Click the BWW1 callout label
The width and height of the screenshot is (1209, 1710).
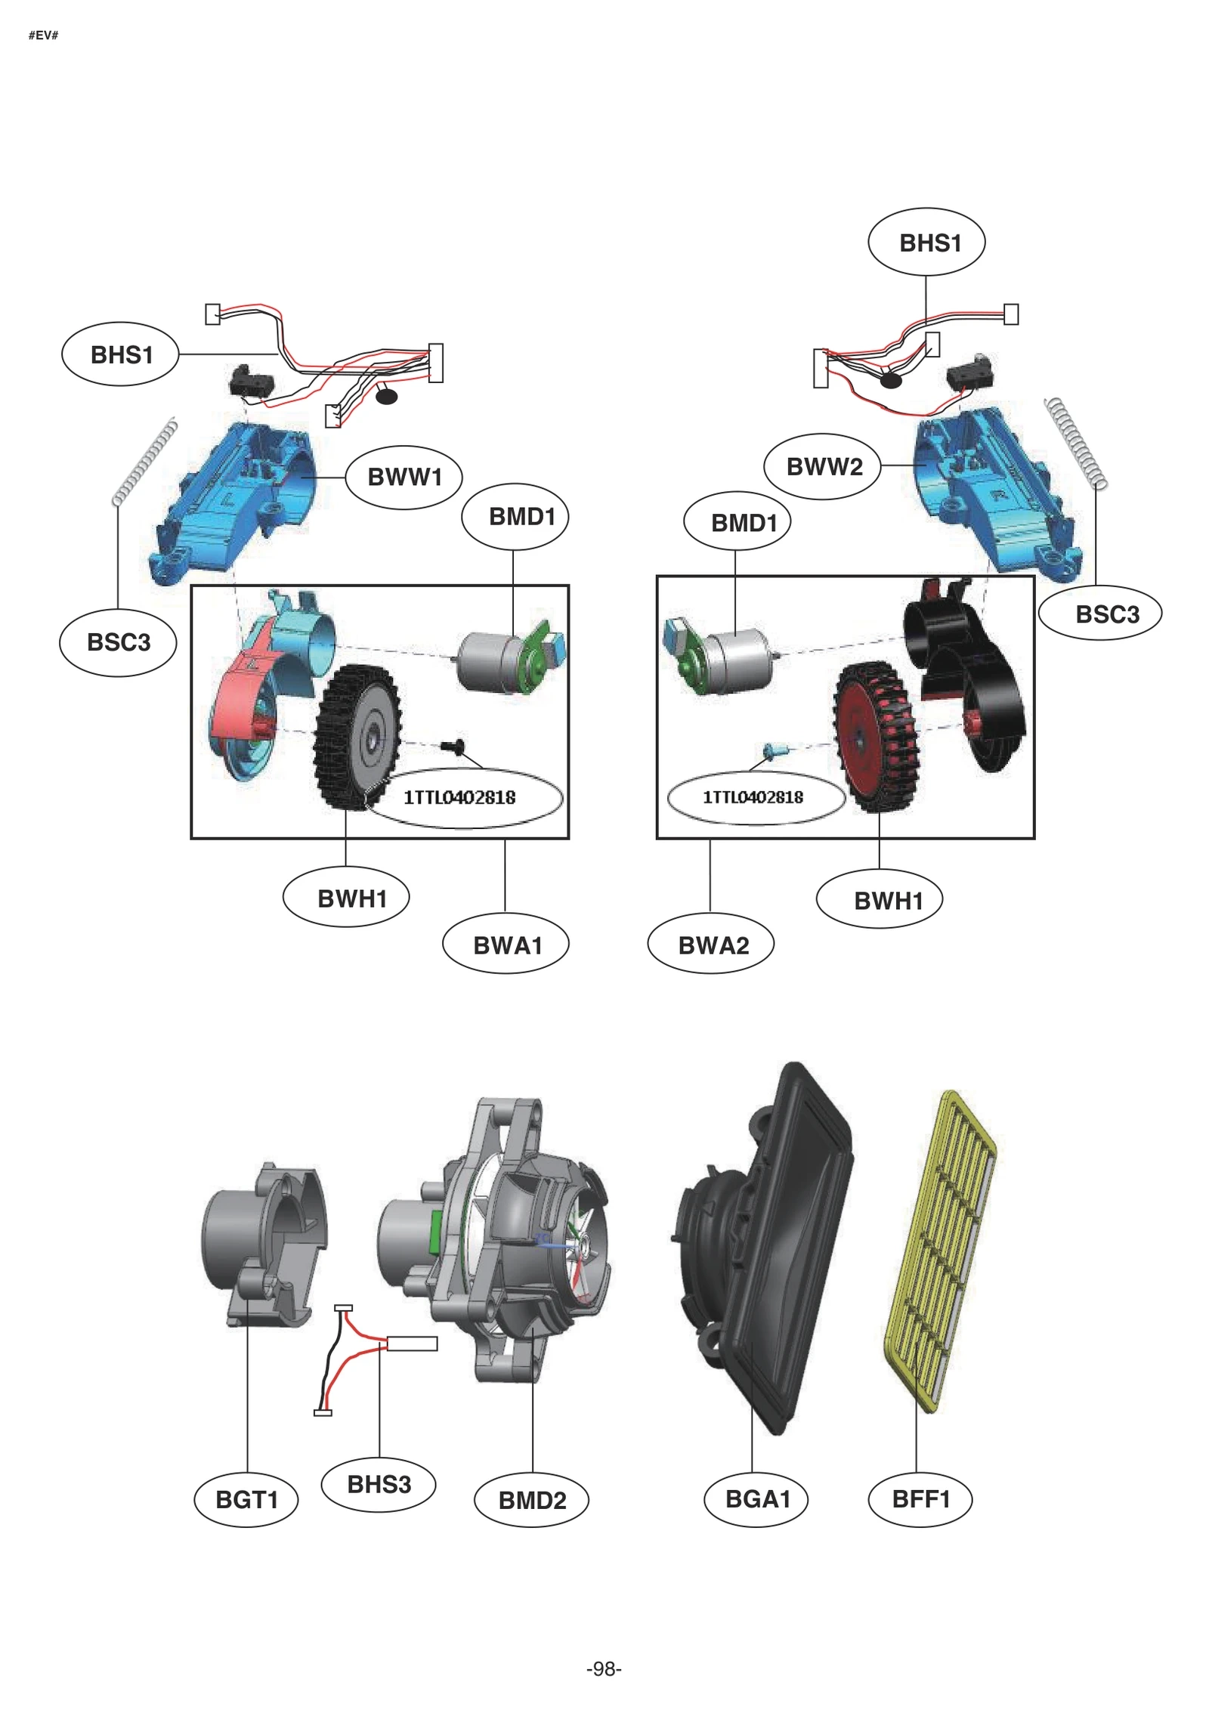(404, 477)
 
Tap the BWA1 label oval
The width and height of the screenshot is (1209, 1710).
(506, 945)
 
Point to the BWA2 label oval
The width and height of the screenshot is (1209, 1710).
(711, 945)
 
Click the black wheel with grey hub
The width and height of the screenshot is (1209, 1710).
(357, 737)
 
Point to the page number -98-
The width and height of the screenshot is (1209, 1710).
(604, 1668)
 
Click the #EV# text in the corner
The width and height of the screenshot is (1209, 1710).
(43, 36)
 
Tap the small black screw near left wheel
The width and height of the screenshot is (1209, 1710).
(453, 747)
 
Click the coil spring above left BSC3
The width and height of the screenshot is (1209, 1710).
(144, 462)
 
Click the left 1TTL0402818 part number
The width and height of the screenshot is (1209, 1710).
(459, 797)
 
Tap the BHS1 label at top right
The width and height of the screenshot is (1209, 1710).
(926, 243)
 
